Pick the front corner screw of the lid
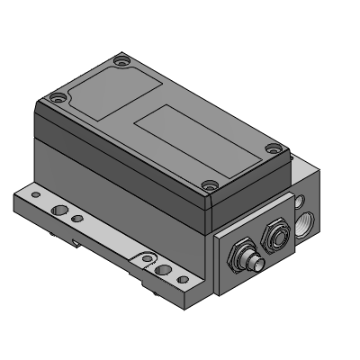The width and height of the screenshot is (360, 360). (x=209, y=186)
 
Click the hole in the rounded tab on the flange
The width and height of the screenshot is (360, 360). (x=144, y=262)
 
